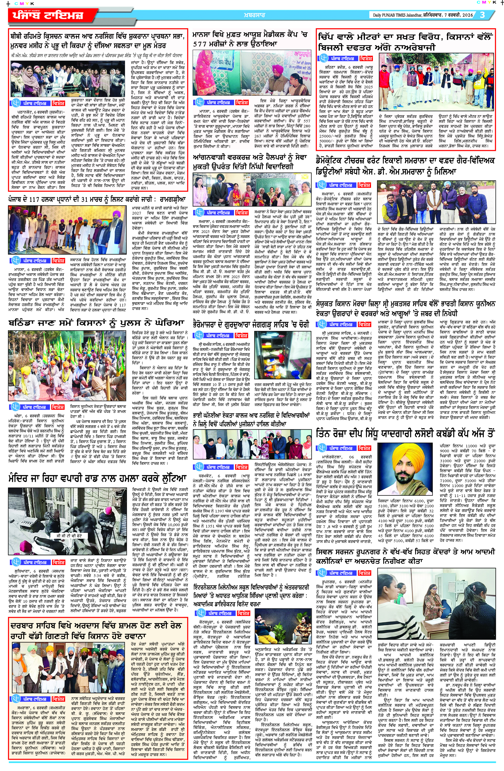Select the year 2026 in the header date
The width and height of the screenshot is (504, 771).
[467, 15]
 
